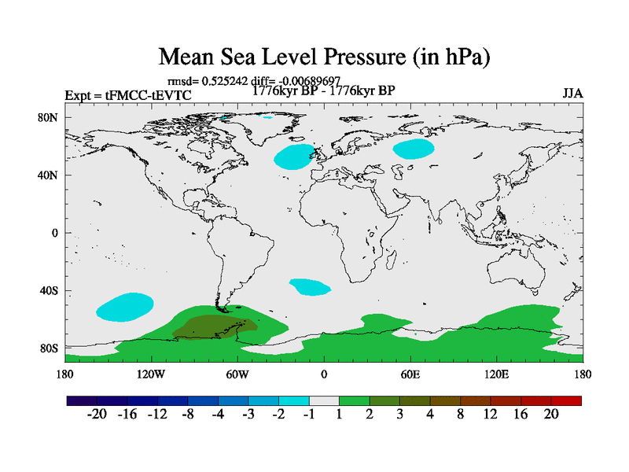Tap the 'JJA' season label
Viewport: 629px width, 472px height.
pos(572,94)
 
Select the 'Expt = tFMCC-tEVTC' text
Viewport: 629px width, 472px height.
pos(127,96)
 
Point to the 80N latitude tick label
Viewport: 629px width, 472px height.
pos(50,117)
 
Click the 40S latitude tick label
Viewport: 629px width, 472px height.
pos(50,290)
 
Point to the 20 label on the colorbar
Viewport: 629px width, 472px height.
pos(550,415)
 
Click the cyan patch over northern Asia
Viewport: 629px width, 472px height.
pos(414,148)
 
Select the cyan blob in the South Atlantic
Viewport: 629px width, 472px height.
pos(311,286)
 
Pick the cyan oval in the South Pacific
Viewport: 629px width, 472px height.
pos(124,307)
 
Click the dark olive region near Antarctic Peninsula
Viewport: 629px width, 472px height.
pos(212,326)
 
